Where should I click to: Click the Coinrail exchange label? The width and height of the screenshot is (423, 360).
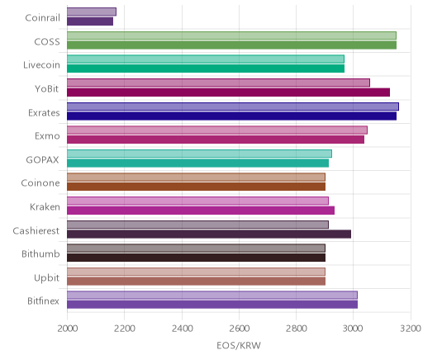[42, 18]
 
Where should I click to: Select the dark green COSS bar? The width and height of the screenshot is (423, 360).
[231, 45]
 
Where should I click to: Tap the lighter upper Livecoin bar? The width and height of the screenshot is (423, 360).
[206, 59]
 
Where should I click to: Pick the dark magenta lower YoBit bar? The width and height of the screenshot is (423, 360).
[228, 92]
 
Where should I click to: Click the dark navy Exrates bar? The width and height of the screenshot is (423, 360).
[231, 116]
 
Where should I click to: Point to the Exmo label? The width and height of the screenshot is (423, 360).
[47, 136]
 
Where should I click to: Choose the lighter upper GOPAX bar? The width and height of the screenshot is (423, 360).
[199, 154]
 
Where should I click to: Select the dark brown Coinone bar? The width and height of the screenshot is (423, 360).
[196, 187]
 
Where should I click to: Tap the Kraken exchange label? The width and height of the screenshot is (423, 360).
[45, 206]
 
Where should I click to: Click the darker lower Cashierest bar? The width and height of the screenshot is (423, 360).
[209, 234]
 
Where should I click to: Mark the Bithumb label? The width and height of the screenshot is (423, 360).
[40, 253]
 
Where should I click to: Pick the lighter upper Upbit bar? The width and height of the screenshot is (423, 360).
[196, 272]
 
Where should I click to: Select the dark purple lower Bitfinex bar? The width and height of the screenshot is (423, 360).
[212, 305]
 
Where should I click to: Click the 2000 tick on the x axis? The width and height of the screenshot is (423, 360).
[68, 329]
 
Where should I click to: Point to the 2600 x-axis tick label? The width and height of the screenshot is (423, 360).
[239, 329]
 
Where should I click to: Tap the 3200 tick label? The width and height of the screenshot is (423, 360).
[411, 329]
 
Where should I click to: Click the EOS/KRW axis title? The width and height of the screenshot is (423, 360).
[239, 345]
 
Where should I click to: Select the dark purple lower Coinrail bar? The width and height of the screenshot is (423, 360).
[90, 21]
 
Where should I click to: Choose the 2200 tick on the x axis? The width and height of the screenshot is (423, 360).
[125, 329]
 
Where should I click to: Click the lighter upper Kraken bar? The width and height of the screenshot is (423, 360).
[197, 201]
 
